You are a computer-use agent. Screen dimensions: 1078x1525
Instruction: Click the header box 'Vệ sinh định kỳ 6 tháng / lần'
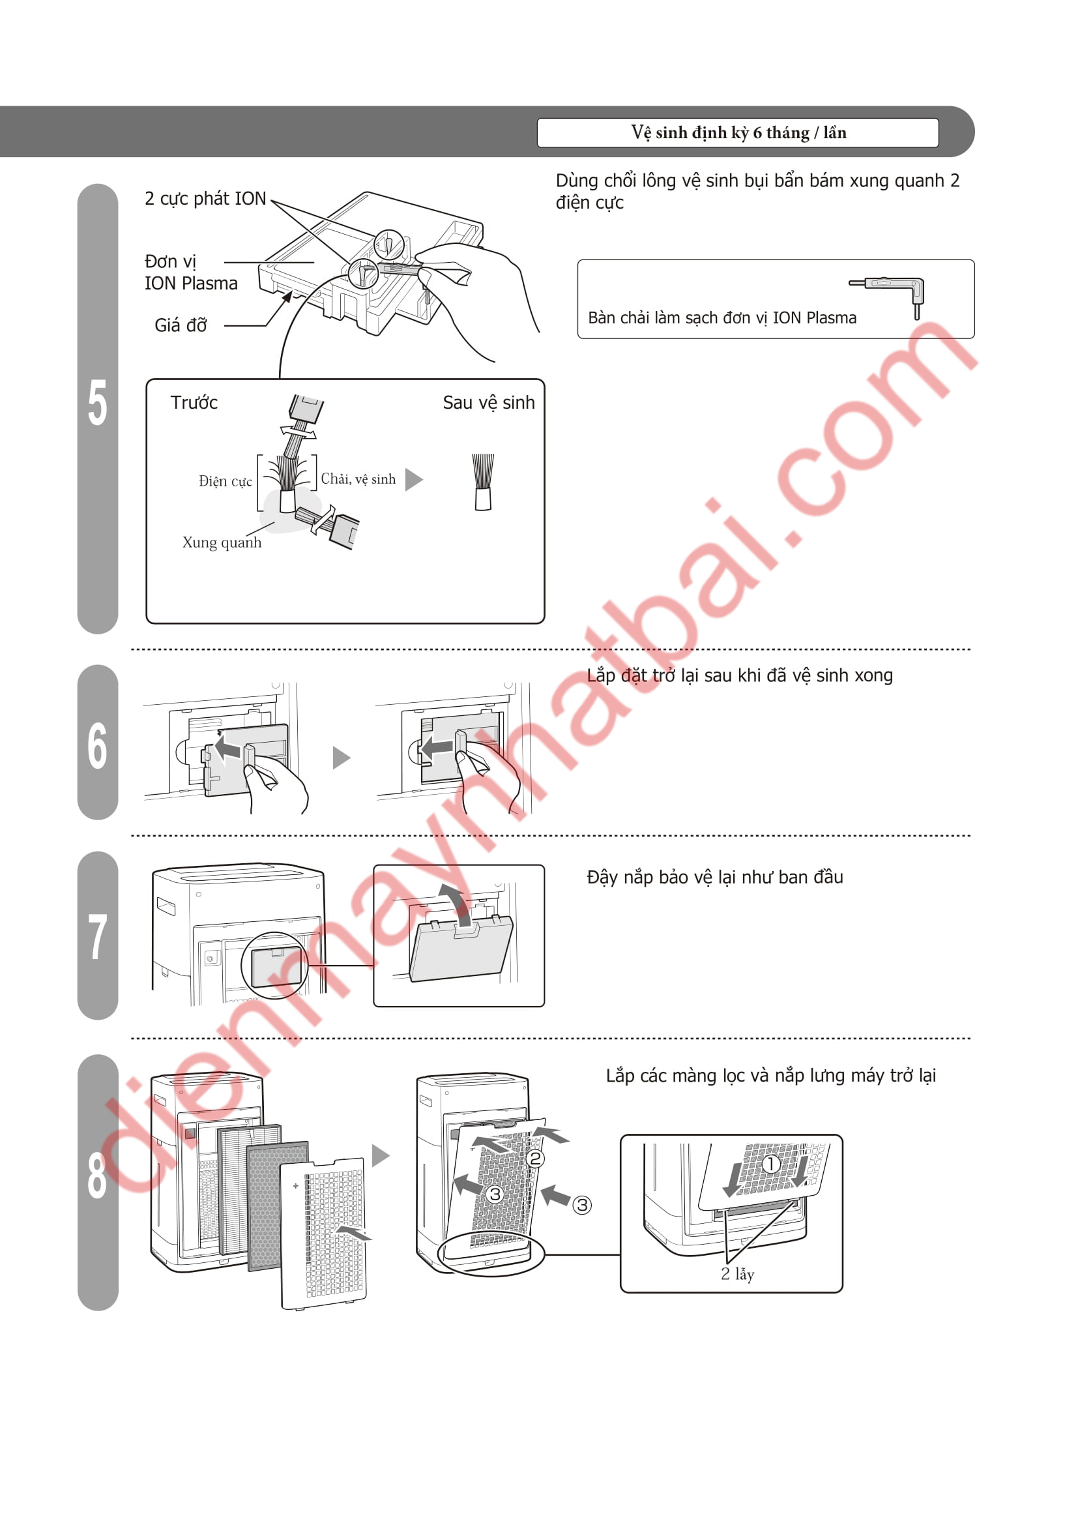[x=738, y=132]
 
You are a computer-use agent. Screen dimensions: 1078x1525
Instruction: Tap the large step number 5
[x=98, y=402]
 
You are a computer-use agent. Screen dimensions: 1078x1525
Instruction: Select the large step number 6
[x=98, y=746]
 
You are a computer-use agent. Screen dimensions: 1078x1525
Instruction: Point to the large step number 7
[x=98, y=936]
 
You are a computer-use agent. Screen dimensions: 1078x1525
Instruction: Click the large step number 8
[x=98, y=1176]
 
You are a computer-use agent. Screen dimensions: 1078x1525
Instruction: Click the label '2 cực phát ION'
[x=205, y=199]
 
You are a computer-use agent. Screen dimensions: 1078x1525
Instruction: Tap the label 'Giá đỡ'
[x=181, y=325]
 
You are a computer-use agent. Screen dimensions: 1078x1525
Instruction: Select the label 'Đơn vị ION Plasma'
[x=191, y=273]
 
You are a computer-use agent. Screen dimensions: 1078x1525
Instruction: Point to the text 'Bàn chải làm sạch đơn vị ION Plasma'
[x=721, y=318]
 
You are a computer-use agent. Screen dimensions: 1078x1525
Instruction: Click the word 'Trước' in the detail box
[x=194, y=402]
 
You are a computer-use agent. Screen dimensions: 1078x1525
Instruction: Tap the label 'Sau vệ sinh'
[x=489, y=402]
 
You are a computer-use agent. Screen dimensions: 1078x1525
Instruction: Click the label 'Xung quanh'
[x=222, y=542]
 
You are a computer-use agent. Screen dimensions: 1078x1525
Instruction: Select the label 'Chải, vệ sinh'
[x=358, y=479]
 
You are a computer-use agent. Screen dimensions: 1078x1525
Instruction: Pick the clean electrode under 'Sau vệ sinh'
[x=482, y=482]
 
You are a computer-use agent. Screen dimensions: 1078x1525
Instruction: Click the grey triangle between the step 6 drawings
[x=340, y=757]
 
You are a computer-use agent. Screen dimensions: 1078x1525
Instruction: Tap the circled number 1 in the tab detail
[x=770, y=1164]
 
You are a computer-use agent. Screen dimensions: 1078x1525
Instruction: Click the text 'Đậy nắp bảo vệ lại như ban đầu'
[x=715, y=878]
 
